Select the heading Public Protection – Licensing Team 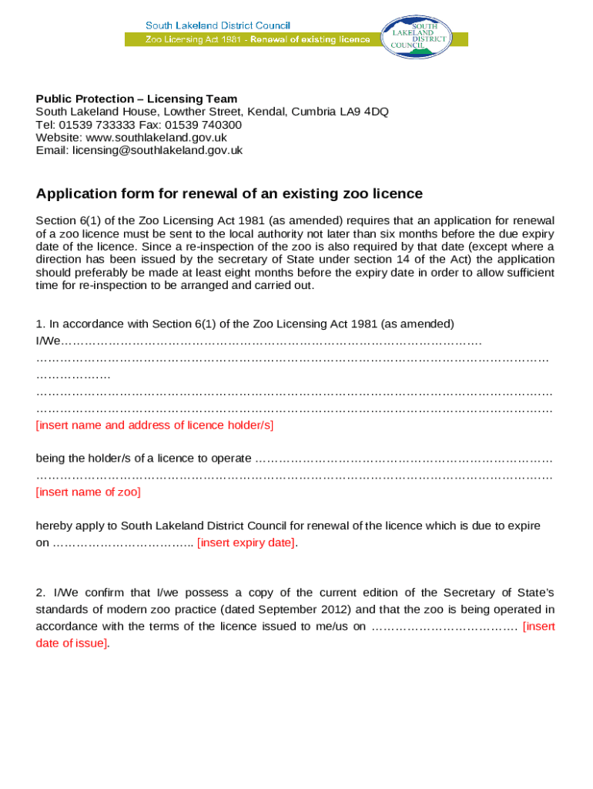click(136, 99)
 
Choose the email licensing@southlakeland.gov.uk click(157, 150)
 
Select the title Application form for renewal click(229, 193)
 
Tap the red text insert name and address click(154, 425)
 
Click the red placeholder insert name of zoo click(88, 492)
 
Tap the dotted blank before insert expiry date click(123, 543)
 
